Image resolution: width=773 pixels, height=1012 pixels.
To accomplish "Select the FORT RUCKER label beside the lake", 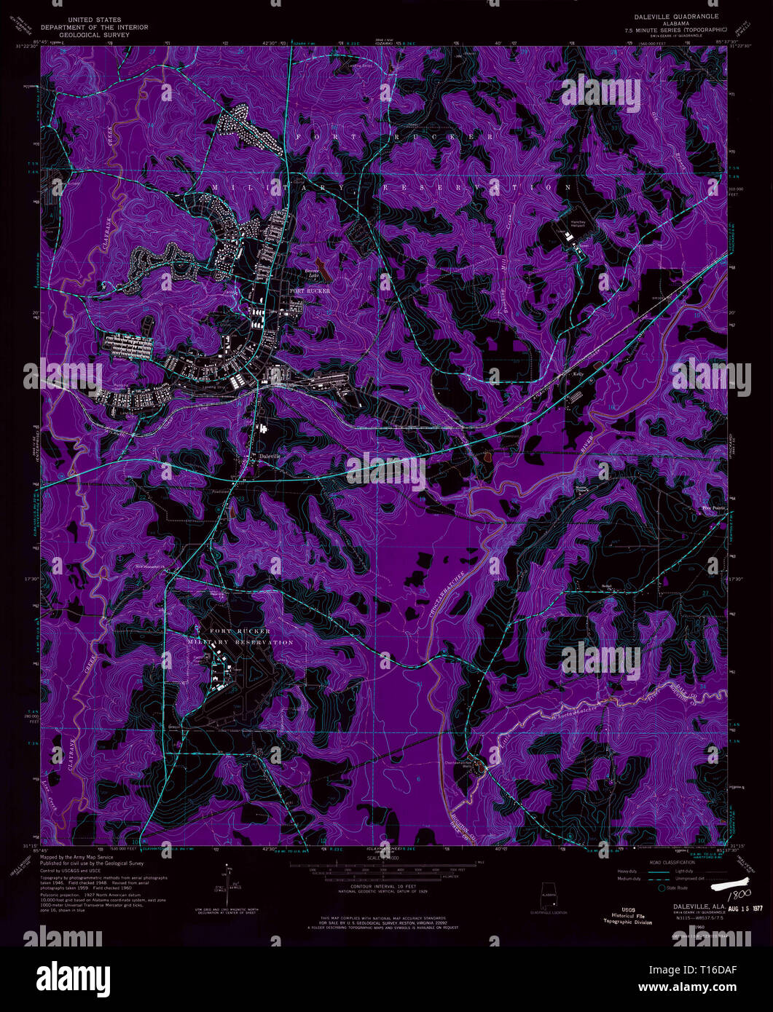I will point(310,290).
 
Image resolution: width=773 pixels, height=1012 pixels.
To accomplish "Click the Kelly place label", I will point(578,374).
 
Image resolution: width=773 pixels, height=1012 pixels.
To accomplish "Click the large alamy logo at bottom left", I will point(71,976).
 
